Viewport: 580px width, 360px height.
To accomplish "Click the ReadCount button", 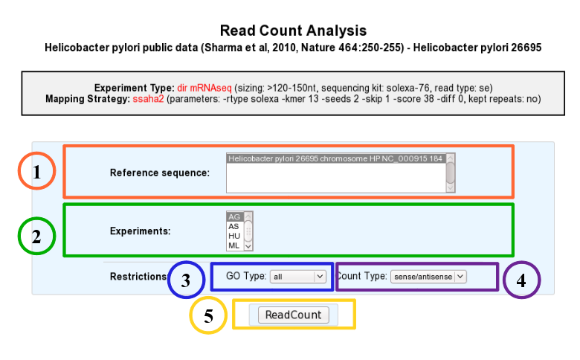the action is (293, 315).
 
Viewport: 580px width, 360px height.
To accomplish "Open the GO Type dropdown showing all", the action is (298, 277).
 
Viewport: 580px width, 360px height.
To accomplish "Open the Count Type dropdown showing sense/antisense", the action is (428, 277).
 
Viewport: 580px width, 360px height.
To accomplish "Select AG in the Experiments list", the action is (234, 216).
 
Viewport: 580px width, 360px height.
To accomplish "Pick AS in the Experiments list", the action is (233, 226).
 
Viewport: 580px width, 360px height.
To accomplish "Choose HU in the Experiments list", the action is (234, 236).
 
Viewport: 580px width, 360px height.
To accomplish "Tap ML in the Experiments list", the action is (233, 245).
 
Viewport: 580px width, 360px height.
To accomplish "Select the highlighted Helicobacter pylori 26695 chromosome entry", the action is (336, 158).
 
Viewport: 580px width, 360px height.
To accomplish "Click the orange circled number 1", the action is (36, 171).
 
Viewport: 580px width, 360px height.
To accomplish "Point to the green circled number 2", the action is (36, 236).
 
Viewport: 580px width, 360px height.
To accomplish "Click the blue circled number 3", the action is (186, 280).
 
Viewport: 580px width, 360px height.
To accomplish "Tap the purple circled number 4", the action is (521, 280).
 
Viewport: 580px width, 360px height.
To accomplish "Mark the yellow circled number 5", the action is (208, 315).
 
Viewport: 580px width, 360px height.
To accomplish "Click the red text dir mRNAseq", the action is (204, 88).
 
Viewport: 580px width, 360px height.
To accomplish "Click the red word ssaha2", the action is (148, 99).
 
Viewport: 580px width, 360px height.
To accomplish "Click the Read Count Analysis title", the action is (293, 30).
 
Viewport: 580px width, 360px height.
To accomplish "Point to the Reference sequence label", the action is (160, 173).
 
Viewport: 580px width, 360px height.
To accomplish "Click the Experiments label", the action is (141, 231).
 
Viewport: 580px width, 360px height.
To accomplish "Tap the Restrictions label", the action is (138, 277).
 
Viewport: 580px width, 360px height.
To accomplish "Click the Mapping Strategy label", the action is (88, 99).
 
